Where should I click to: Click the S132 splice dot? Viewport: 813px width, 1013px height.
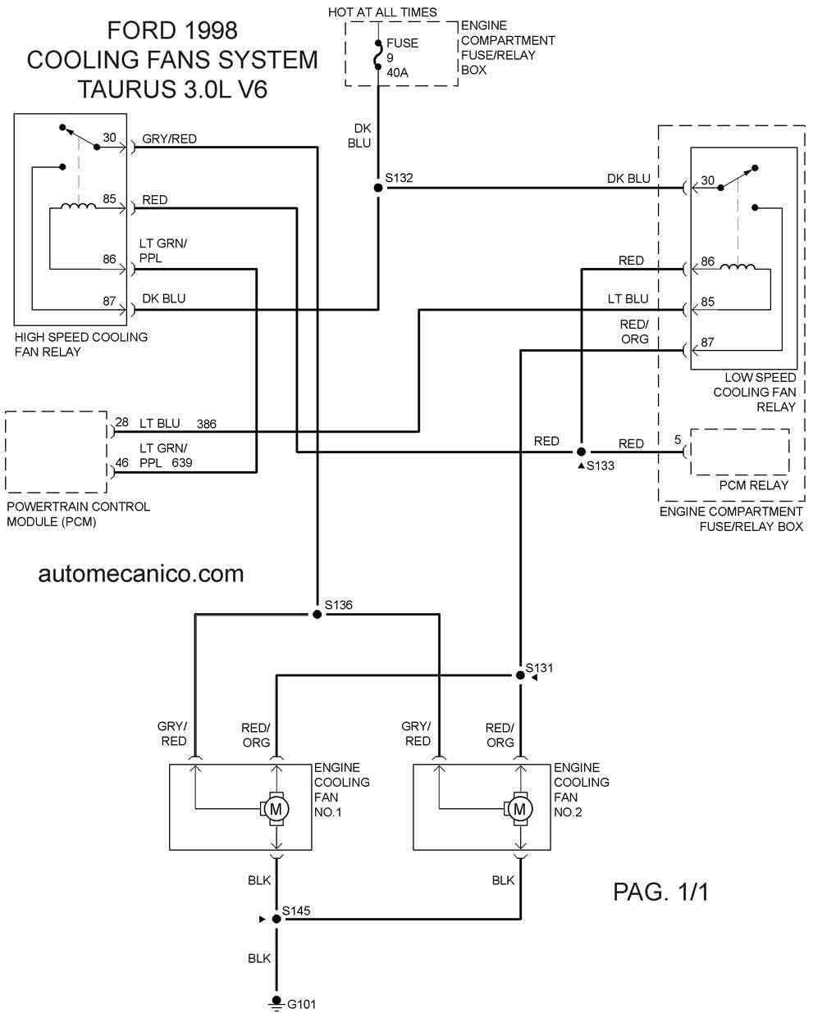coord(378,188)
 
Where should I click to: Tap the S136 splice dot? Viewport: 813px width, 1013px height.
coord(317,615)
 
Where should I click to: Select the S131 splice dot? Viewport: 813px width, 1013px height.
coord(520,675)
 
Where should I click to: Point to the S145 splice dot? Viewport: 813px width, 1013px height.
coord(276,919)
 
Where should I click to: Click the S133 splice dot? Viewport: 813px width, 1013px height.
coord(581,452)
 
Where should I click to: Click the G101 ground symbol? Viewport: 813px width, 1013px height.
coord(276,1002)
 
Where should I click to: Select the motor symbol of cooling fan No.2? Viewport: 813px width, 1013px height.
coord(519,809)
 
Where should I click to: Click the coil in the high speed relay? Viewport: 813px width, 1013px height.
coord(78,206)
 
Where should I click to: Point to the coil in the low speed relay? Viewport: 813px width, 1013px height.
coord(738,267)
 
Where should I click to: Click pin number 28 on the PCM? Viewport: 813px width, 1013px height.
coord(121,422)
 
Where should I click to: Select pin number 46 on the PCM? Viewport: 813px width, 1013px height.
coord(121,463)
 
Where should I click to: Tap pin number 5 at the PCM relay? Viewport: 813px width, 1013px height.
coord(678,439)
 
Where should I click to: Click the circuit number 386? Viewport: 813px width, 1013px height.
coord(207,424)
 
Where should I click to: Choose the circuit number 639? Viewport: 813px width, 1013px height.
coord(182,463)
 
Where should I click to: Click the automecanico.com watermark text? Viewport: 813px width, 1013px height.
coord(141,575)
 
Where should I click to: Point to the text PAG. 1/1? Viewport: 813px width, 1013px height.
coord(660,892)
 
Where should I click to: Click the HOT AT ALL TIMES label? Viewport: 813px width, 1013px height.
coord(382,12)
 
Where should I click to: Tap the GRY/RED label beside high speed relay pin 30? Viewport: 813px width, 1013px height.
coord(169,139)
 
